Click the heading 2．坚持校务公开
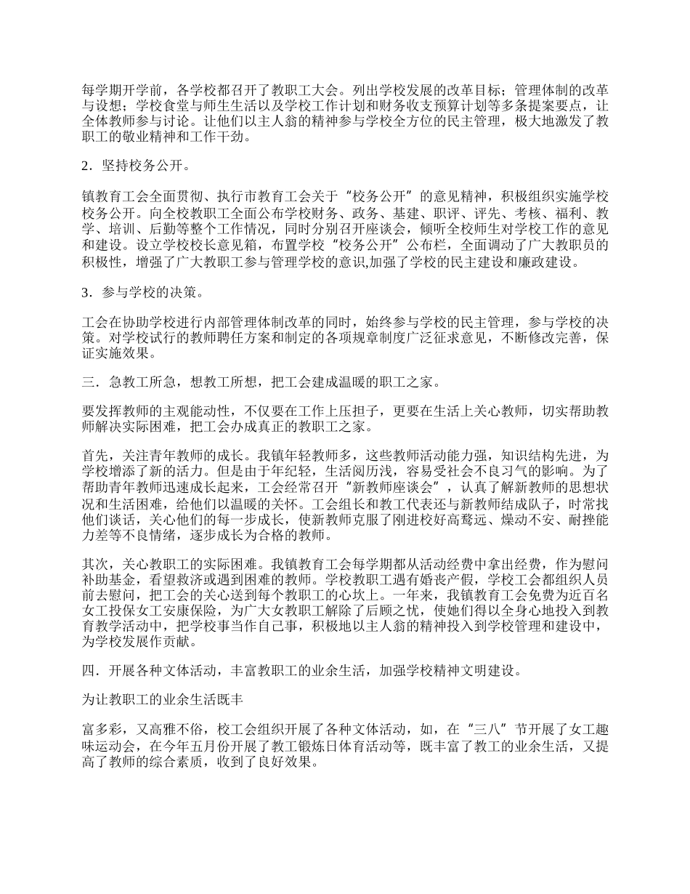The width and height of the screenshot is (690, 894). (x=136, y=166)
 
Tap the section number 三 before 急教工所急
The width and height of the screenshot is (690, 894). (x=89, y=382)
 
